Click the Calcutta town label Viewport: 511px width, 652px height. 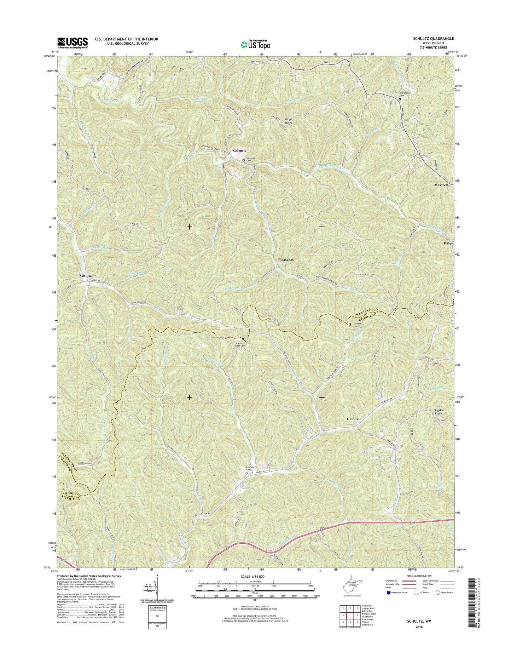coord(239,151)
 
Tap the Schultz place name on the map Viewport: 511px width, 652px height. coord(86,275)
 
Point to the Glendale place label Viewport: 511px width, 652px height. coord(354,419)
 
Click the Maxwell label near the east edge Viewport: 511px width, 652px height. coord(441,185)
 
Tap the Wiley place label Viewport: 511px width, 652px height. coord(448,244)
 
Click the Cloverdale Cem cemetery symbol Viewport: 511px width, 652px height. coord(400,99)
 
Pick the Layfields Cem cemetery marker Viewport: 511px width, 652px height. coord(247,473)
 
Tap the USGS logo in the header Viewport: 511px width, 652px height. coord(72,43)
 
